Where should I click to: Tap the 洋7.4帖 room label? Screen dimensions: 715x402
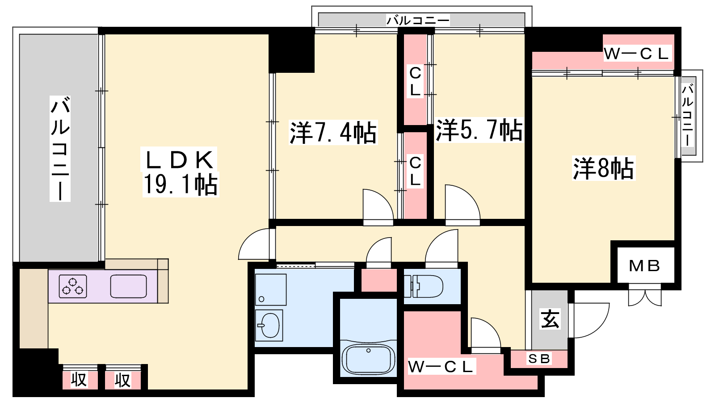point(333,132)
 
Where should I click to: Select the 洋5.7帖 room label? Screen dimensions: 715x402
point(479,130)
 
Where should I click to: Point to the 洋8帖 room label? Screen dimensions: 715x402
point(604,168)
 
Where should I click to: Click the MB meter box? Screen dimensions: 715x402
point(644,266)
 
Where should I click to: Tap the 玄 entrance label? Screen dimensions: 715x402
point(550,319)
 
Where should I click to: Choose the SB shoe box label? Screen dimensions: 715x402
point(539,359)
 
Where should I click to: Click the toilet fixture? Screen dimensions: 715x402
point(423,286)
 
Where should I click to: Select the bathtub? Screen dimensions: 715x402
point(368,359)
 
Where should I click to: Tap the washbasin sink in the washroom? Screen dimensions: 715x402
point(269,326)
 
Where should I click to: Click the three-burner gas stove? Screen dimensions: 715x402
point(73,286)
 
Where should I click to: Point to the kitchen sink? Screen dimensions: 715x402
point(128,286)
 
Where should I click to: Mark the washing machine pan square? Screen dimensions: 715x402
point(271,290)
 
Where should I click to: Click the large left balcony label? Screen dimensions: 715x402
point(60,149)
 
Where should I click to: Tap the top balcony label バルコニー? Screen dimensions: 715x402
point(418,21)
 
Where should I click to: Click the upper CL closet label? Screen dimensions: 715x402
point(415,82)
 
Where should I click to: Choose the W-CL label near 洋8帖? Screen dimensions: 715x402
point(636,54)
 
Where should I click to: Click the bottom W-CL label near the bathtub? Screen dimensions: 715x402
point(440,367)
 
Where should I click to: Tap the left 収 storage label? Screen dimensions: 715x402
point(79,380)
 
